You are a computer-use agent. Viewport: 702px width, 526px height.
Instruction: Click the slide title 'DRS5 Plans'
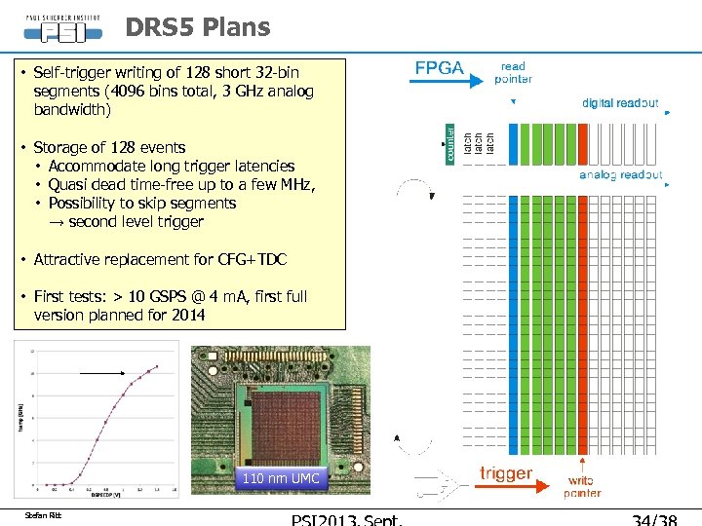pyautogui.click(x=198, y=27)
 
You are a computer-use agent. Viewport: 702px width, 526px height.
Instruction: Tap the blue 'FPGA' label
pyautogui.click(x=440, y=68)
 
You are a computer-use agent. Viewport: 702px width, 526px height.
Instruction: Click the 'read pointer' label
pyautogui.click(x=513, y=73)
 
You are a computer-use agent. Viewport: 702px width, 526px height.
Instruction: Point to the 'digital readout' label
pyautogui.click(x=620, y=102)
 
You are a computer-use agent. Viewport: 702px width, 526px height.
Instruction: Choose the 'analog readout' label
pyautogui.click(x=621, y=175)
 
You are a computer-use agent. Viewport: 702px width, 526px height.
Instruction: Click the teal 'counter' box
pyautogui.click(x=450, y=143)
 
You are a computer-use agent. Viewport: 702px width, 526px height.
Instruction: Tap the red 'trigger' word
pyautogui.click(x=506, y=473)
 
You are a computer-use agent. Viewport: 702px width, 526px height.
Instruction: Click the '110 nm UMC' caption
pyautogui.click(x=280, y=478)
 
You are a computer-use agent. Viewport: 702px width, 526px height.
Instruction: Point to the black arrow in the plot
pyautogui.click(x=102, y=373)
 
